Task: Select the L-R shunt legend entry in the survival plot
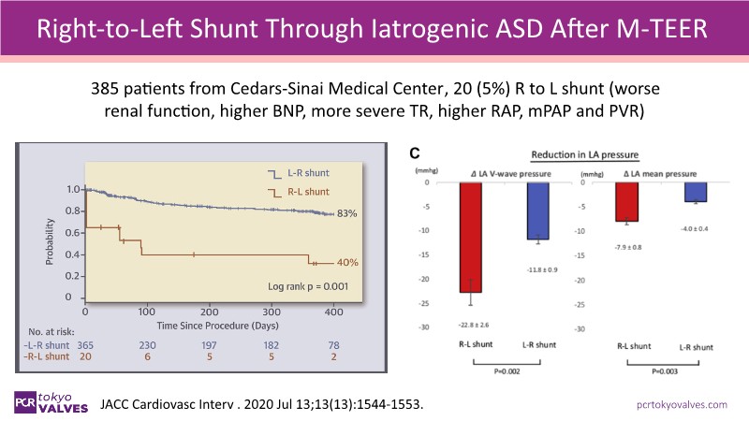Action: [x=306, y=172]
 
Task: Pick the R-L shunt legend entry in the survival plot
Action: [x=306, y=191]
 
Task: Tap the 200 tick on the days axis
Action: [x=208, y=312]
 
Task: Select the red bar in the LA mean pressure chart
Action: [x=626, y=202]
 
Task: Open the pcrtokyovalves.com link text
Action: [x=681, y=404]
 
